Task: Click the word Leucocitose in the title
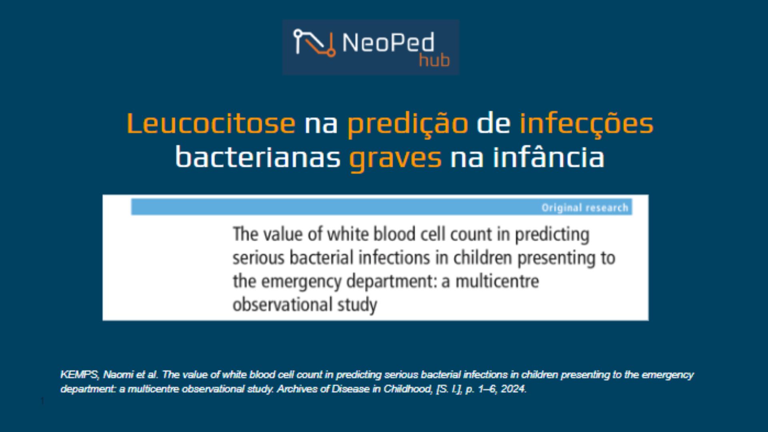(211, 123)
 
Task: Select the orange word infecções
(586, 123)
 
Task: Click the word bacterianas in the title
(258, 157)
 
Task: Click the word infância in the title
(548, 157)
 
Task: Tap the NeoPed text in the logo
(388, 42)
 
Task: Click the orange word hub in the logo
(434, 60)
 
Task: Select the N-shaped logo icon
(314, 43)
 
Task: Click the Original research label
(584, 208)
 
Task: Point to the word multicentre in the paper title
(497, 281)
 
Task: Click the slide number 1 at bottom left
(42, 401)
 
